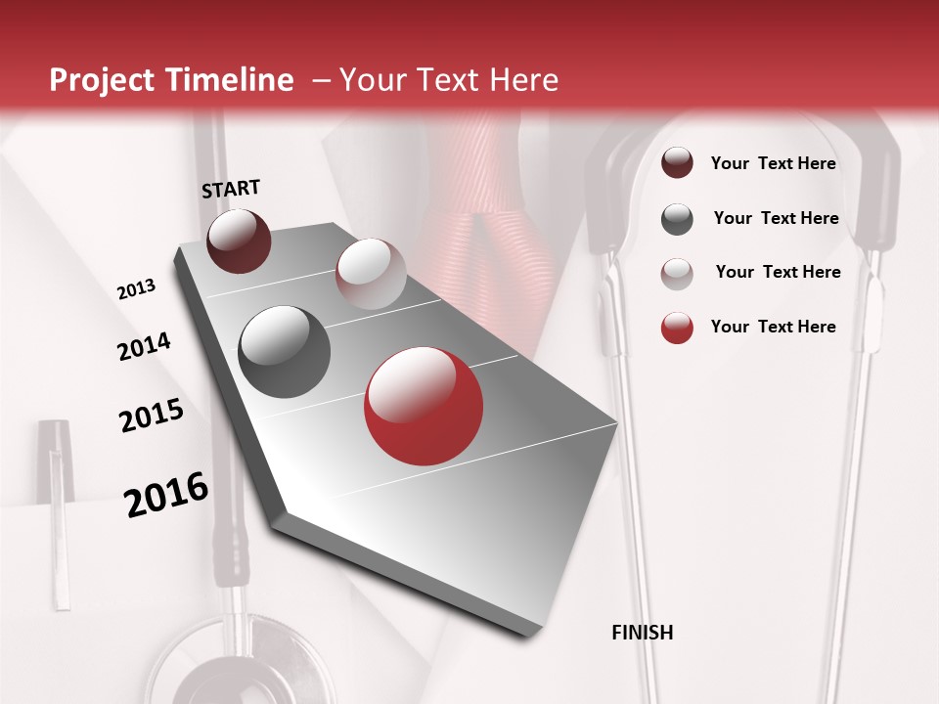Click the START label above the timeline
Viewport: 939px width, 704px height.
tap(231, 189)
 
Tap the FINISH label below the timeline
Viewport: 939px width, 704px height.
tap(642, 633)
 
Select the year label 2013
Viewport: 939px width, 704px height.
tap(137, 289)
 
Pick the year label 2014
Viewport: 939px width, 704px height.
tap(144, 347)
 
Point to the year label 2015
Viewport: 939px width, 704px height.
tap(152, 416)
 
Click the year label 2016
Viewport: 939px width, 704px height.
tap(166, 495)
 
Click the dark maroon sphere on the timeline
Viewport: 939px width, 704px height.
tap(239, 241)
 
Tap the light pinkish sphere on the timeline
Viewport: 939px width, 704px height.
tap(371, 274)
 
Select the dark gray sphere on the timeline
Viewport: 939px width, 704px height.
tap(285, 352)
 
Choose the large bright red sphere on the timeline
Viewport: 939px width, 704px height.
tap(424, 406)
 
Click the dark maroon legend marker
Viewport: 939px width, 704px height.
tap(677, 163)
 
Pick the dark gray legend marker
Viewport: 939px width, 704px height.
tap(677, 219)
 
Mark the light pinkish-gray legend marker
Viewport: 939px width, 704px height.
tap(677, 273)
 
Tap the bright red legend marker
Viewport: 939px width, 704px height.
tap(677, 328)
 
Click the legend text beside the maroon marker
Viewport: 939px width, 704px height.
tap(773, 164)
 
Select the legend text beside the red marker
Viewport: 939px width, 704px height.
tap(773, 327)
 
